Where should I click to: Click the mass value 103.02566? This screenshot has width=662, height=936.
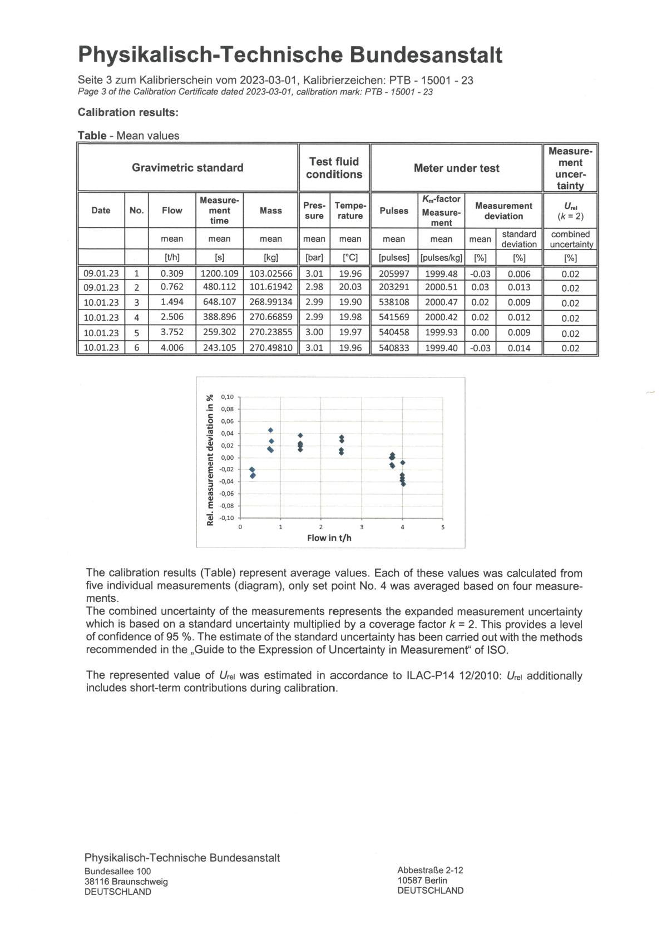(x=271, y=273)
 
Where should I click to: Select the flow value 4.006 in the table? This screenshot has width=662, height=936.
(x=172, y=348)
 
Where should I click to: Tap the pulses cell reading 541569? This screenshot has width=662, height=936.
(x=394, y=317)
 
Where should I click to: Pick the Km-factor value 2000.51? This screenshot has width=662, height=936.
(x=441, y=287)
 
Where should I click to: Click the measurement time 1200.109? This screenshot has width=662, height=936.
(x=219, y=273)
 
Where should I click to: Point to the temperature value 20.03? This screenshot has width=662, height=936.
(x=350, y=287)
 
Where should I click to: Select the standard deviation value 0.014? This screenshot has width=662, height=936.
(x=519, y=348)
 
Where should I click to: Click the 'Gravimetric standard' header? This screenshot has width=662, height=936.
(x=187, y=167)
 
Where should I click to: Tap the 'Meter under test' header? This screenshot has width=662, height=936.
(x=456, y=168)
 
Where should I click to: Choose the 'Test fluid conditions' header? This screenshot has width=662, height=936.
(x=334, y=168)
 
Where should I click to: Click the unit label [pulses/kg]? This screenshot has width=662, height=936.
(x=441, y=258)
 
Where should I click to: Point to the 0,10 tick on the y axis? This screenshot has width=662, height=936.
(x=227, y=397)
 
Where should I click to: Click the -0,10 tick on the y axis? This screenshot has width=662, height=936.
(x=226, y=518)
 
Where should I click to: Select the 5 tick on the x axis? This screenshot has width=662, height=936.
(x=443, y=527)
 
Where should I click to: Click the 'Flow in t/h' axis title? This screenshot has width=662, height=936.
(x=329, y=537)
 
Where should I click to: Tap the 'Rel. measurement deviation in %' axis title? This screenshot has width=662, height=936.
(x=210, y=460)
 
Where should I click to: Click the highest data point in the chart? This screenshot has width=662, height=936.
(x=271, y=430)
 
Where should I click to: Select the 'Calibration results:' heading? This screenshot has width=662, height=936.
(x=128, y=112)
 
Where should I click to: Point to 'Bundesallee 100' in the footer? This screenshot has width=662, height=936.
(x=117, y=871)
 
